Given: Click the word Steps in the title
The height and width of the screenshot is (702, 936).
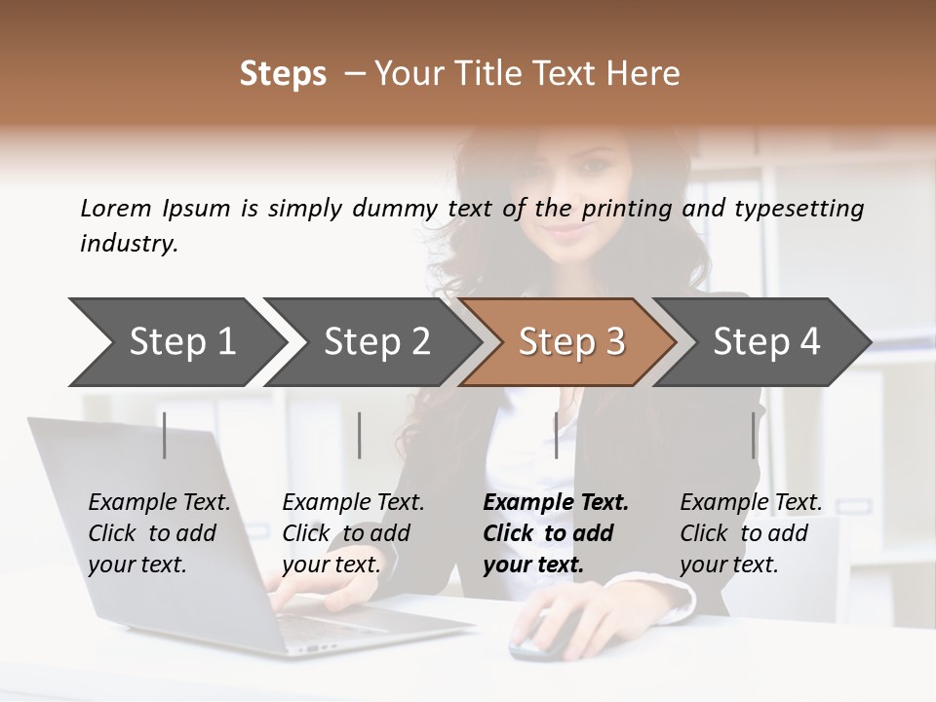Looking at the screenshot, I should tap(283, 74).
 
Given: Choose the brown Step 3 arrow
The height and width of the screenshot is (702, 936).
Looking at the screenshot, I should tap(571, 341).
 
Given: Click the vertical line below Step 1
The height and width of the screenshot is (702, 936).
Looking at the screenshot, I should tap(165, 435).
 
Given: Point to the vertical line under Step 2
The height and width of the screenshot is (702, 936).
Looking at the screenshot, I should tap(360, 435).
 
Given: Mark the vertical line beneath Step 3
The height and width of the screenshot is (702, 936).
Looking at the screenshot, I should tap(556, 435).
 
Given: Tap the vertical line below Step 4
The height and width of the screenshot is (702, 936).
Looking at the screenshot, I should tap(753, 435).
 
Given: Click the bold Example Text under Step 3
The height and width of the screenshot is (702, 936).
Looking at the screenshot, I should tap(555, 533).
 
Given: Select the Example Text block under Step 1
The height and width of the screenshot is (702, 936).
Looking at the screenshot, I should tap(159, 533).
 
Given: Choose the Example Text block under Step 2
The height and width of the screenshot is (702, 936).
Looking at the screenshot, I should tap(353, 533).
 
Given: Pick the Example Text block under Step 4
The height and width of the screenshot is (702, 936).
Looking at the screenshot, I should tap(751, 533).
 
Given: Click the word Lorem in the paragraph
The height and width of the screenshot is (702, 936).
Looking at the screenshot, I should tap(116, 208).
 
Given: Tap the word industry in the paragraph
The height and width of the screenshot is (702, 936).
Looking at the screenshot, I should tap(129, 244).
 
